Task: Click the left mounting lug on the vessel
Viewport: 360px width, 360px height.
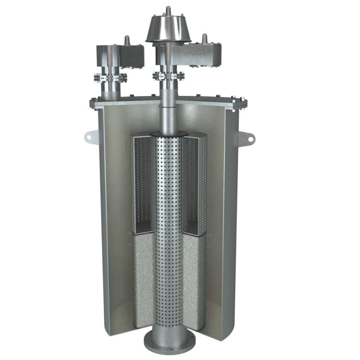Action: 91,136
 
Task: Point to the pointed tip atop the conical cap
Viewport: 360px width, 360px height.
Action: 168,9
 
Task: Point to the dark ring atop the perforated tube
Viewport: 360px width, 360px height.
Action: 168,134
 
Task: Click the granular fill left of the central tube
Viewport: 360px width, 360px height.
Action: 144,278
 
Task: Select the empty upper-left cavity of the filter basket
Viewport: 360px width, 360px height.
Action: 142,183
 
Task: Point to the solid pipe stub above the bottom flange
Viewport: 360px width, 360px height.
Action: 168,332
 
